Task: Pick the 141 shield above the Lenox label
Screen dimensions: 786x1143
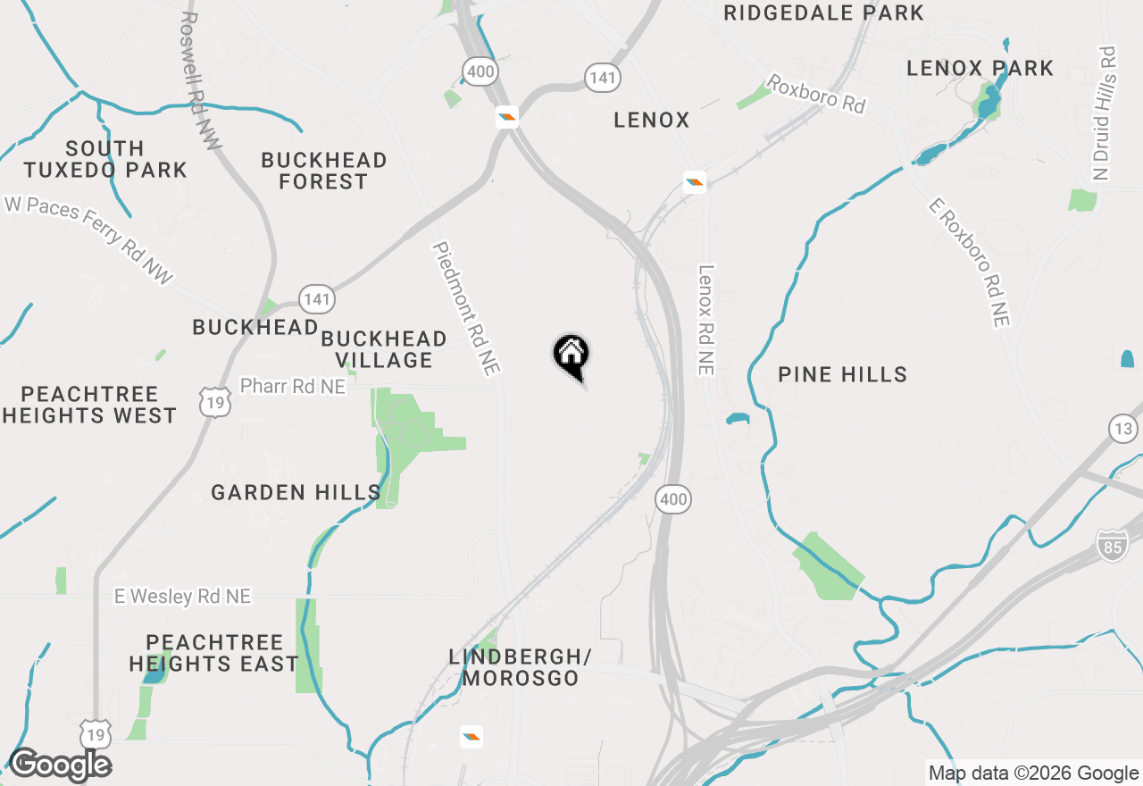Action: (x=603, y=78)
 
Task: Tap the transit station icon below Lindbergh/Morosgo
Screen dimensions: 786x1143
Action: (x=471, y=737)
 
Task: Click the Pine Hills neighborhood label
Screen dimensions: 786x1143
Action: (x=842, y=374)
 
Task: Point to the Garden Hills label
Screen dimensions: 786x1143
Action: (x=296, y=492)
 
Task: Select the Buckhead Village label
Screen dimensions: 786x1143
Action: (x=384, y=349)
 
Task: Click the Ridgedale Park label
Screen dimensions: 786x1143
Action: (x=823, y=13)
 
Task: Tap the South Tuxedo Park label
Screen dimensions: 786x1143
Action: (x=105, y=159)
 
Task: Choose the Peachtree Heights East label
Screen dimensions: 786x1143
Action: (x=213, y=653)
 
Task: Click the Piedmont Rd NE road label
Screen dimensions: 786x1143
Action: (x=466, y=308)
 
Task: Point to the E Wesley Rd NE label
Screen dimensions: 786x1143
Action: (x=182, y=597)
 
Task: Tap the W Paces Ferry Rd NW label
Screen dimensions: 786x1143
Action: (x=88, y=240)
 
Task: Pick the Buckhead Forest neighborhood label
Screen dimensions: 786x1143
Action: (x=323, y=171)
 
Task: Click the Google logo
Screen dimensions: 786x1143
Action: (x=60, y=765)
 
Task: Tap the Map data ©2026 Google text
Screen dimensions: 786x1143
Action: (x=1033, y=773)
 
